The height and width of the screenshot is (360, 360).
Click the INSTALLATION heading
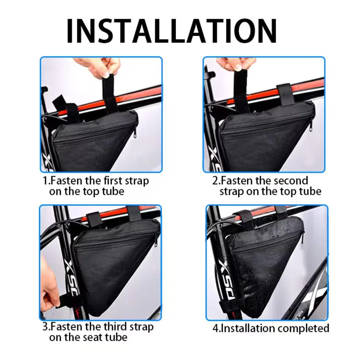click(172, 31)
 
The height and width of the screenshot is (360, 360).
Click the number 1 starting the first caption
click(45, 181)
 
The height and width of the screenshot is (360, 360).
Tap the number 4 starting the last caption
click(215, 328)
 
